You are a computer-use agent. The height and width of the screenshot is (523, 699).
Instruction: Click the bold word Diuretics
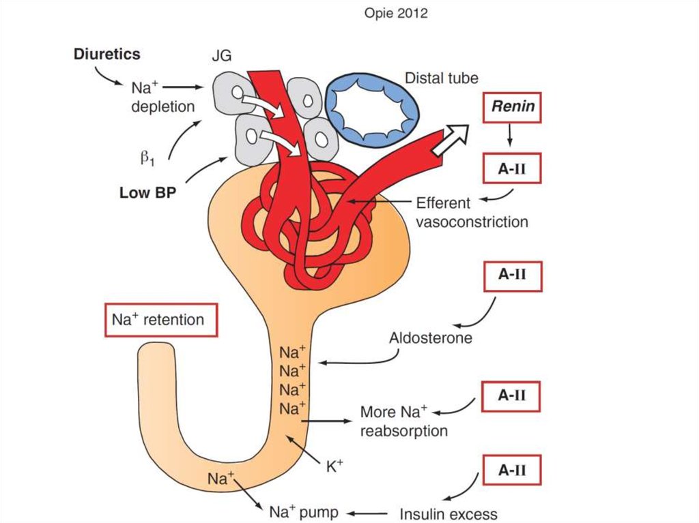(x=107, y=55)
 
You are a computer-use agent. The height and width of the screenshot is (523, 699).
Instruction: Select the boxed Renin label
(x=511, y=107)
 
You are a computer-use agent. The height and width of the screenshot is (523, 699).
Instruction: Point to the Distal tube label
(x=441, y=78)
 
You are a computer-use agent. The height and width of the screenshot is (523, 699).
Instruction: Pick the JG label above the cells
(x=220, y=59)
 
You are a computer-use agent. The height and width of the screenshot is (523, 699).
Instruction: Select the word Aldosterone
(x=430, y=338)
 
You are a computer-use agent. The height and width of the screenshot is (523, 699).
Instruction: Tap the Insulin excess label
(x=448, y=513)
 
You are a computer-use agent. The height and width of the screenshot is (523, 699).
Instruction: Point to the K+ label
(x=334, y=466)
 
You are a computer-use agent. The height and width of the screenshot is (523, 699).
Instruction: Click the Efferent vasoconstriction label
(x=472, y=212)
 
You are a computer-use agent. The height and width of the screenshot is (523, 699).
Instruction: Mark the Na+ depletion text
(x=163, y=97)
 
